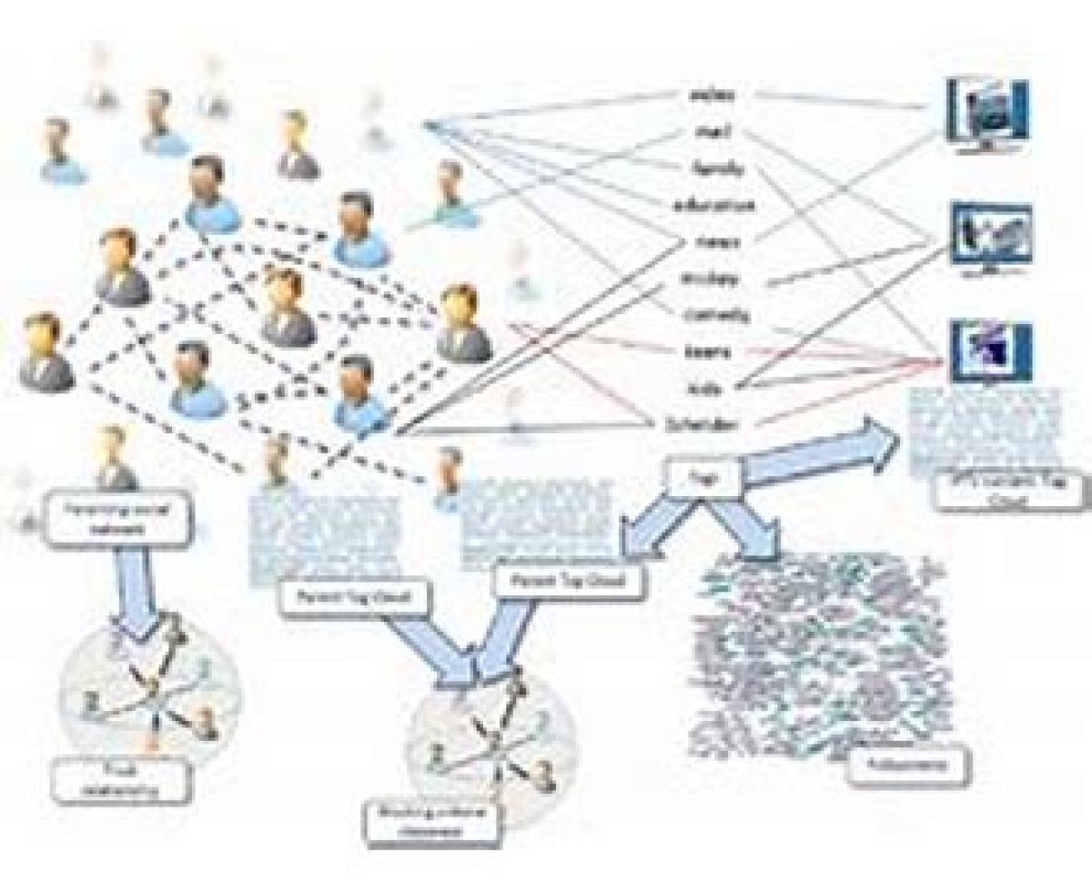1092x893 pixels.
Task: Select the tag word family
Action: point(719,168)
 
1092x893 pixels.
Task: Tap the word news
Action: point(717,242)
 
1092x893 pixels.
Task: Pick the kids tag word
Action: point(704,388)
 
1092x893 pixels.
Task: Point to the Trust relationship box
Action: point(121,780)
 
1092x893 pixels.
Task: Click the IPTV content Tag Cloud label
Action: point(1010,490)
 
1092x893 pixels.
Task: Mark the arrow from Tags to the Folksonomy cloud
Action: point(746,528)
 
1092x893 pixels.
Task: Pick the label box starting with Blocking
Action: point(433,821)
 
